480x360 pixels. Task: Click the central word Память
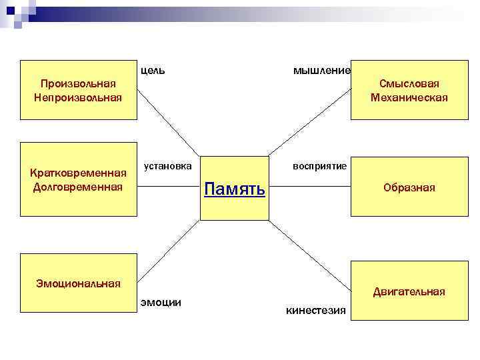[x=234, y=189]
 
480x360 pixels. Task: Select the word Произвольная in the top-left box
[x=78, y=83]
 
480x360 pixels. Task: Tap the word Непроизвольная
[x=78, y=97]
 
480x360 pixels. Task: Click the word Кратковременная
[x=78, y=173]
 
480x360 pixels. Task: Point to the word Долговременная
[x=78, y=187]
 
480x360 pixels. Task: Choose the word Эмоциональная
[x=78, y=284]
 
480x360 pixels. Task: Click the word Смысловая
[x=409, y=83]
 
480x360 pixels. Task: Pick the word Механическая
[x=409, y=97]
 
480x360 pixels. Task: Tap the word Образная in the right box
[x=409, y=188]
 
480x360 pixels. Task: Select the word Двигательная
[x=409, y=291]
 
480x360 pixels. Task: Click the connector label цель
[x=153, y=70]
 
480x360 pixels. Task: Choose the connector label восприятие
[x=320, y=165]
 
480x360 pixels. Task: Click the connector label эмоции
[x=161, y=302]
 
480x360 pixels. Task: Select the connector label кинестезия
[x=315, y=310]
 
